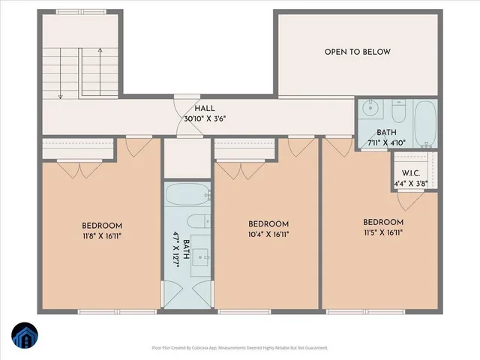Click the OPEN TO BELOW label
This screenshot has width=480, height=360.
click(358, 52)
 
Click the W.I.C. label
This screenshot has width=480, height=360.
click(409, 172)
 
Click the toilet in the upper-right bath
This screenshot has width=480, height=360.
click(397, 112)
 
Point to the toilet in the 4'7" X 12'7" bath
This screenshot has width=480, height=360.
click(197, 220)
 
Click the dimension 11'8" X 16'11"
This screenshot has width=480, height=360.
click(102, 235)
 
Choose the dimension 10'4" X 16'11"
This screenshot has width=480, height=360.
click(268, 234)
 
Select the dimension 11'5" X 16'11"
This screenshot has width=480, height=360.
click(383, 232)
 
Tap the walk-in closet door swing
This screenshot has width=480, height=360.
click(409, 199)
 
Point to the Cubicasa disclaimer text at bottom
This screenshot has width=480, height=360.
click(239, 348)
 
